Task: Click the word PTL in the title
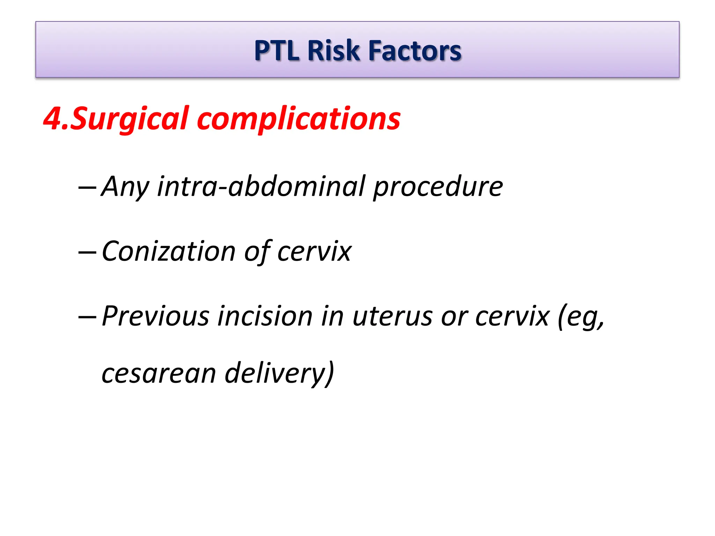click(x=277, y=51)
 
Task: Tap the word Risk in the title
click(x=334, y=51)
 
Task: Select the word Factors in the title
click(x=415, y=51)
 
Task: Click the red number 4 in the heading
click(x=53, y=119)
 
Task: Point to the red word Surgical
click(x=130, y=119)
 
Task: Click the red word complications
click(x=299, y=119)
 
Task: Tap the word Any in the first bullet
click(x=125, y=187)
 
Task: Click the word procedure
click(x=438, y=187)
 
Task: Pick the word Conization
click(x=169, y=251)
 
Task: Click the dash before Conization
click(x=87, y=252)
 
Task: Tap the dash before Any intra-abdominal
click(x=87, y=188)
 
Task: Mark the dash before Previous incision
click(x=87, y=317)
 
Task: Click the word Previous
click(x=155, y=316)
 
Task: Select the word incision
click(x=265, y=316)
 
